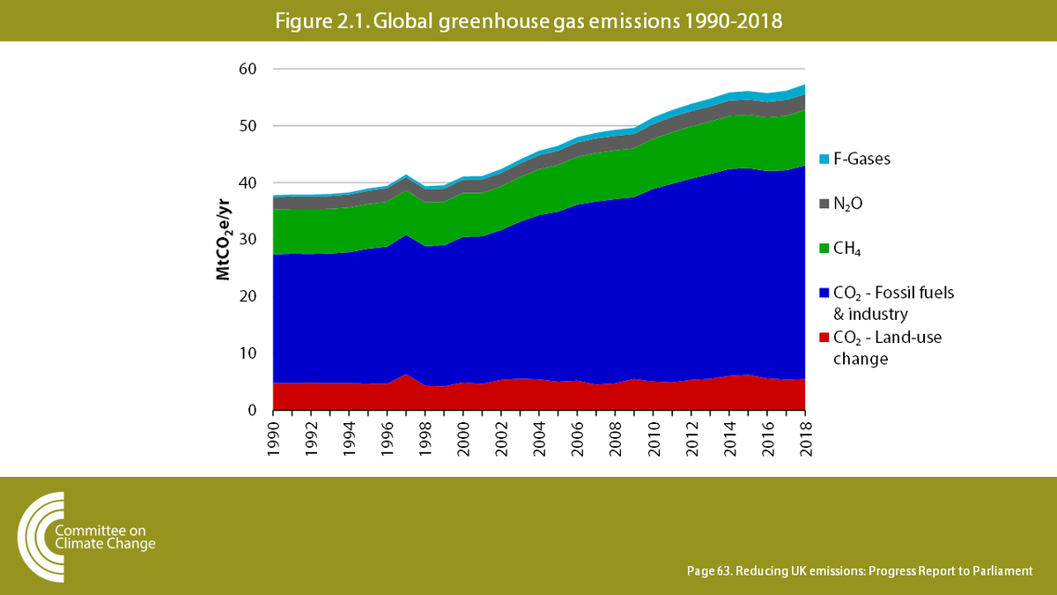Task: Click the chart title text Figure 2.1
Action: tap(528, 22)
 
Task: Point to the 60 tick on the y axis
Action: tap(250, 69)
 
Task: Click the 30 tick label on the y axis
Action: tap(250, 240)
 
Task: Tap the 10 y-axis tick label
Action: tap(250, 353)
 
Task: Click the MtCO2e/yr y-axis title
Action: tap(225, 240)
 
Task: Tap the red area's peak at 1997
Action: tap(406, 376)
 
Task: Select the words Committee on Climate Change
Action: tap(104, 537)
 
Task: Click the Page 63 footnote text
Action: tap(859, 571)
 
